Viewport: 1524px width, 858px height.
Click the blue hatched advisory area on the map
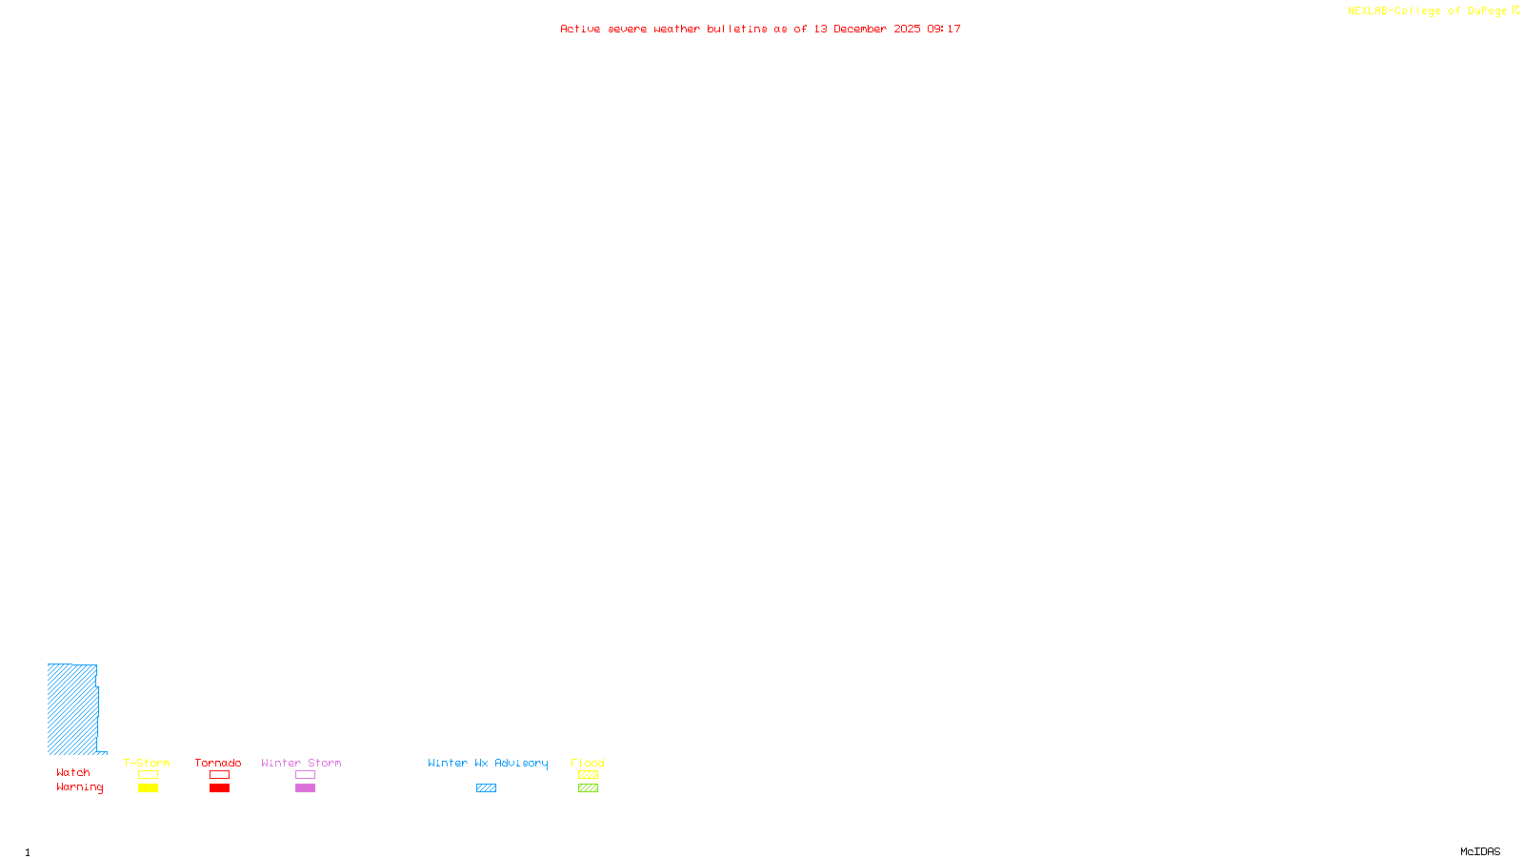pos(72,709)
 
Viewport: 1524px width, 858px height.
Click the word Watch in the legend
pos(73,773)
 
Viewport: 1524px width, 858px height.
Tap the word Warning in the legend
pos(80,787)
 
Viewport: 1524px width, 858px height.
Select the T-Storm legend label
pos(147,763)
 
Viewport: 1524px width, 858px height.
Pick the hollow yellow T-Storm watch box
pos(148,775)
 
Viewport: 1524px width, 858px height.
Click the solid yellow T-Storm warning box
pos(148,788)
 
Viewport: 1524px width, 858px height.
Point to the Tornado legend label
pos(218,763)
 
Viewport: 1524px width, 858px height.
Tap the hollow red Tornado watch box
pos(219,775)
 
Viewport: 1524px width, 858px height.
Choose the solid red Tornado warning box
pos(219,788)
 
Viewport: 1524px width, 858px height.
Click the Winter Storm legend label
pos(301,763)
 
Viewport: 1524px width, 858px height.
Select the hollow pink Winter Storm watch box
pos(305,775)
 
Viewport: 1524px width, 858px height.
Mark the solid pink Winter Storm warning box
pos(305,788)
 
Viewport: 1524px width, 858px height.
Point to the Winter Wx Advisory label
pos(488,763)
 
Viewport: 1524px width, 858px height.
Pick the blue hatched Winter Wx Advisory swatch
pos(486,788)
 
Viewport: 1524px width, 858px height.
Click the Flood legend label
pos(588,763)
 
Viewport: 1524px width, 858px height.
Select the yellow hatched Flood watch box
pos(588,775)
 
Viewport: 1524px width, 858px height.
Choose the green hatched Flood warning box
pos(588,788)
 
